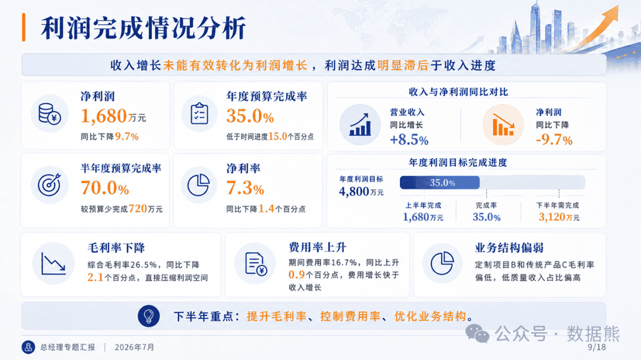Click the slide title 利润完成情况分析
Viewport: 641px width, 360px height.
[143, 28]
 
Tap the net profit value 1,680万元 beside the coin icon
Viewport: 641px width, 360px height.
[113, 116]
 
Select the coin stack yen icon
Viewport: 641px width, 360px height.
[49, 114]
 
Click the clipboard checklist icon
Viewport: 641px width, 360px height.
[199, 114]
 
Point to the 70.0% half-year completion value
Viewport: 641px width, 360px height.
[104, 188]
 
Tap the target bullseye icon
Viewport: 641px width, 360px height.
[49, 184]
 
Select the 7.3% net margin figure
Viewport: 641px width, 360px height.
[245, 188]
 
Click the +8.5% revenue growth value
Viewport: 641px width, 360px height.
[409, 140]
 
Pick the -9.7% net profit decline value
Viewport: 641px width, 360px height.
[554, 140]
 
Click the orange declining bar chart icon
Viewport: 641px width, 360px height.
[503, 125]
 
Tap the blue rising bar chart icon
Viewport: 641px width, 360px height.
[360, 125]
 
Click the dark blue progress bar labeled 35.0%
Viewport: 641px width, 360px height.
[440, 183]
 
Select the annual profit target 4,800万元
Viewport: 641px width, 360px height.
[361, 191]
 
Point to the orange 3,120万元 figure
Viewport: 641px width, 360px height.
[559, 217]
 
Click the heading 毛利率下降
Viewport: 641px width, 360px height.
[116, 248]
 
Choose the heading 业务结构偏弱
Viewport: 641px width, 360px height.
[509, 248]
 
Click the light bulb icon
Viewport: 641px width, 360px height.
[149, 316]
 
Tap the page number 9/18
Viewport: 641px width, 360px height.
[597, 348]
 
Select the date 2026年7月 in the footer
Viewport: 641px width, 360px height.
[135, 348]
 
